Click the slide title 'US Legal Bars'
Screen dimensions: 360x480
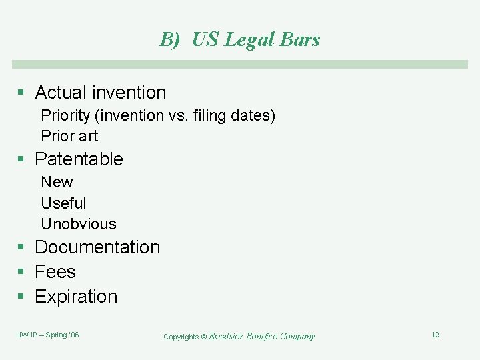click(256, 39)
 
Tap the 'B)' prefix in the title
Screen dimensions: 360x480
click(170, 39)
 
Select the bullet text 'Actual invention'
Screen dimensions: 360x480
click(100, 92)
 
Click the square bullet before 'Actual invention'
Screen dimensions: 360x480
click(21, 93)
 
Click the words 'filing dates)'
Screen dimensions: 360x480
click(233, 115)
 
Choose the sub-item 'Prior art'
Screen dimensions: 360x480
click(69, 136)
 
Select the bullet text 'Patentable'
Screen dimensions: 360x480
click(79, 159)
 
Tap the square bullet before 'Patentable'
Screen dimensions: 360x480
click(21, 159)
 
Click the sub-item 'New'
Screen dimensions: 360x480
click(57, 182)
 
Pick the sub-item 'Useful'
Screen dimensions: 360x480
click(63, 203)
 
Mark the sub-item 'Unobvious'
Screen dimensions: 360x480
click(79, 224)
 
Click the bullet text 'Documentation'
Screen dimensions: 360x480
click(97, 247)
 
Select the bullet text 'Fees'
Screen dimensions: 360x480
click(55, 272)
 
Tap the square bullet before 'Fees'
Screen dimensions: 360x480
click(21, 273)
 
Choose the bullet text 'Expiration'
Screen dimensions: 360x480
click(76, 297)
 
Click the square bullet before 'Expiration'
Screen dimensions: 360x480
click(21, 297)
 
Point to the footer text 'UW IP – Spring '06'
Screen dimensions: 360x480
click(47, 335)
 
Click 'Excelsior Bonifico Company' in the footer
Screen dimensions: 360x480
click(261, 336)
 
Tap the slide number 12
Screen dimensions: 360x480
click(435, 335)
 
